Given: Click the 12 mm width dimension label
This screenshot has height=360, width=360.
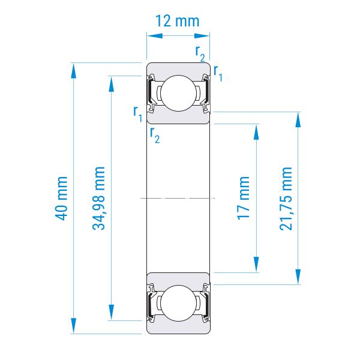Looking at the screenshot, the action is click(177, 21).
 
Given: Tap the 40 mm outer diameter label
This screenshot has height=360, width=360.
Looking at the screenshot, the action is click(61, 198).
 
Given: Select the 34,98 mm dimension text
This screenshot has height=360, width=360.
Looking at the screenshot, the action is click(98, 198).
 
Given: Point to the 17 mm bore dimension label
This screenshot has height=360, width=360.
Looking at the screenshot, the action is click(244, 198).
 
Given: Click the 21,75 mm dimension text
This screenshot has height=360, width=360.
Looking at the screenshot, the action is click(286, 199).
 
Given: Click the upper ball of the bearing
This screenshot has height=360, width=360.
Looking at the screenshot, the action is click(179, 93).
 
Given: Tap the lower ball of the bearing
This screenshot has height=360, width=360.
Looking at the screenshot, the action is click(179, 303).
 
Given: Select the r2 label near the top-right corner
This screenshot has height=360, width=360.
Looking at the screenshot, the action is click(200, 53).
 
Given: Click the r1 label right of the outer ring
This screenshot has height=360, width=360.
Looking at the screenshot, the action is click(218, 73).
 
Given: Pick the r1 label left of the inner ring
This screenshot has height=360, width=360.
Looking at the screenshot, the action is click(138, 113).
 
